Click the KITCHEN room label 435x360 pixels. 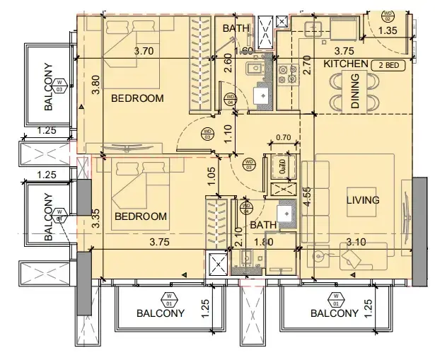coord(346,64)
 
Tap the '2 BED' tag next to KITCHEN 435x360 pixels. coord(387,64)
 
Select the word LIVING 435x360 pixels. coord(363,200)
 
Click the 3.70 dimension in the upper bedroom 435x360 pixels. coord(144,51)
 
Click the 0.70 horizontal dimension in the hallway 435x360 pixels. coord(283,137)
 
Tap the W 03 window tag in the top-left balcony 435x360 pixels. coord(59,86)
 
